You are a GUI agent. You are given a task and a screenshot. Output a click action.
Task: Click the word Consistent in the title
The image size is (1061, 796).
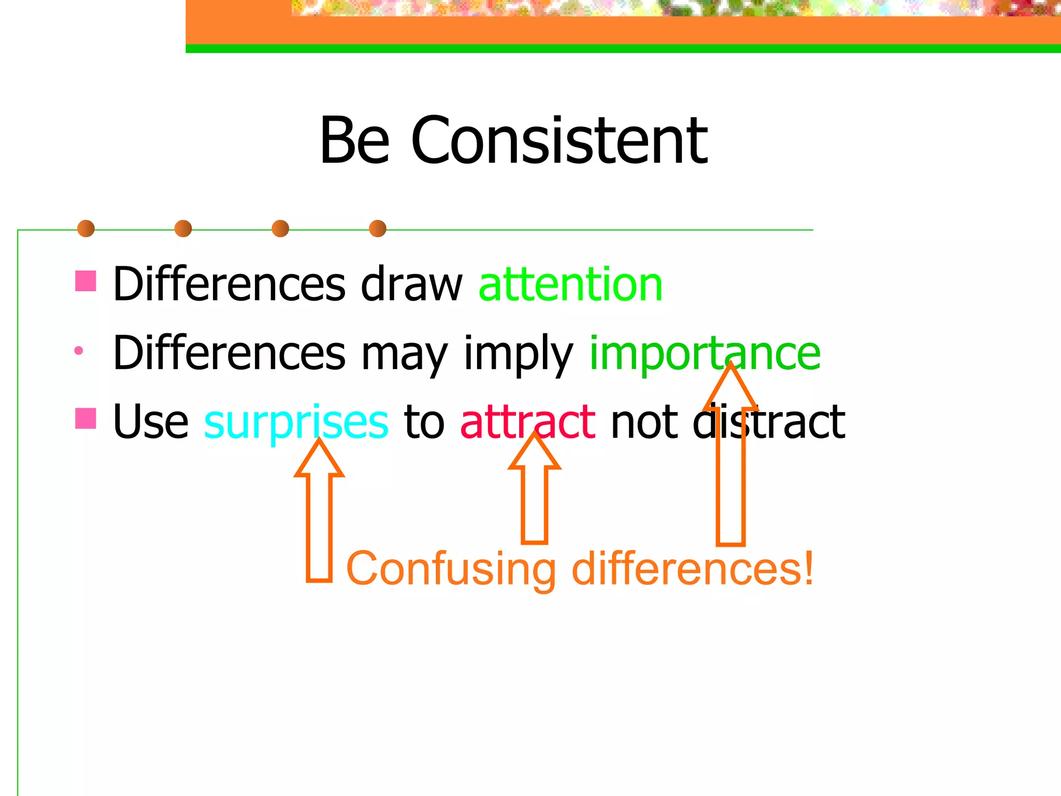click(559, 141)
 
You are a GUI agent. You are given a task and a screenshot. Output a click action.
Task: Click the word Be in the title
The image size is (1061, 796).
click(355, 141)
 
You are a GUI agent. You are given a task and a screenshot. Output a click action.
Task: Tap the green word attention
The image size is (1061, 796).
click(570, 285)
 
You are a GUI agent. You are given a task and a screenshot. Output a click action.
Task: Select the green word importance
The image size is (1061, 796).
click(705, 353)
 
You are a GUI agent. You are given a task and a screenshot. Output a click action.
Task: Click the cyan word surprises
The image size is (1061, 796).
click(296, 422)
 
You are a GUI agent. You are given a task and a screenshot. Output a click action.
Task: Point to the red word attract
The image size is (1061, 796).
click(527, 422)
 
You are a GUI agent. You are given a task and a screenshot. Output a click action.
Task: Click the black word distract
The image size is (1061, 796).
click(769, 422)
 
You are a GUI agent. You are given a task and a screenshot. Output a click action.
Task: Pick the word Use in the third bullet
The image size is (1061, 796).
click(151, 422)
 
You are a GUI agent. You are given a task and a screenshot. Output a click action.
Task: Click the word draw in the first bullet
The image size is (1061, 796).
click(411, 285)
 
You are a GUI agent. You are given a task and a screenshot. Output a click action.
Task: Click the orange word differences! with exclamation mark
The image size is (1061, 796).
click(692, 568)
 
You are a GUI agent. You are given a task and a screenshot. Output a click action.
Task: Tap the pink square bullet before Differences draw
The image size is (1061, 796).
click(85, 281)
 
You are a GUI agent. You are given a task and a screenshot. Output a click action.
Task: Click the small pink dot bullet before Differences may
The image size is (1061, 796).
click(79, 351)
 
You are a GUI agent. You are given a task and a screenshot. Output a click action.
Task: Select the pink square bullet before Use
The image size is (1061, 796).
click(85, 418)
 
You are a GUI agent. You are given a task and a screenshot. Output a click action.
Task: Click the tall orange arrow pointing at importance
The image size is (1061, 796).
click(730, 466)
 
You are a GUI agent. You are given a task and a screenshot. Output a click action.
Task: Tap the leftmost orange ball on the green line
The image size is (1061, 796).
click(86, 229)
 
